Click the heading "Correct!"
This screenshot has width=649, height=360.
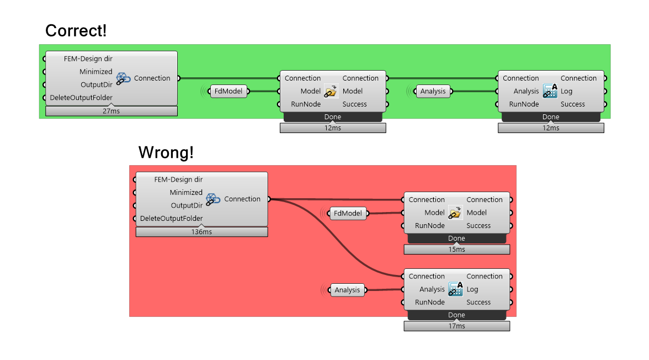(x=76, y=31)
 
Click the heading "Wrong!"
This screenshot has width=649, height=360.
(x=166, y=152)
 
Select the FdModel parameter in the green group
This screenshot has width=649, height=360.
(x=228, y=91)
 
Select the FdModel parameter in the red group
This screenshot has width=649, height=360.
(x=348, y=213)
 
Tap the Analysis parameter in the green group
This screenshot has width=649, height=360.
(x=433, y=91)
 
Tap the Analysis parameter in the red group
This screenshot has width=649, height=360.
(x=347, y=290)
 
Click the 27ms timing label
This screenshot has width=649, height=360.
(x=111, y=112)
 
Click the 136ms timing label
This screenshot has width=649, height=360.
(x=201, y=232)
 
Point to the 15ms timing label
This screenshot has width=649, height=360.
(x=456, y=250)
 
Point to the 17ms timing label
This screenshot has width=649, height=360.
(x=456, y=326)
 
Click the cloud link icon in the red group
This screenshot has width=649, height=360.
(x=213, y=199)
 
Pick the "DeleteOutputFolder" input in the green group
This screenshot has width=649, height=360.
(x=81, y=98)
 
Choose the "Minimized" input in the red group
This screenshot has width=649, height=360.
(x=186, y=193)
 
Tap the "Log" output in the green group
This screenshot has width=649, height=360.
(x=567, y=91)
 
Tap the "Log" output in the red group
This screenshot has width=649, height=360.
(x=472, y=289)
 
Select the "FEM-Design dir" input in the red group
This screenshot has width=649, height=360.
(x=178, y=179)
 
